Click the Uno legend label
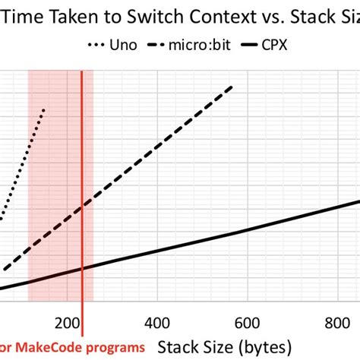tap(122, 45)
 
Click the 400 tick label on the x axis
tap(156, 320)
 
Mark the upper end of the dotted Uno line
tap(45, 109)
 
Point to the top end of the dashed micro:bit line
tap(232, 87)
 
